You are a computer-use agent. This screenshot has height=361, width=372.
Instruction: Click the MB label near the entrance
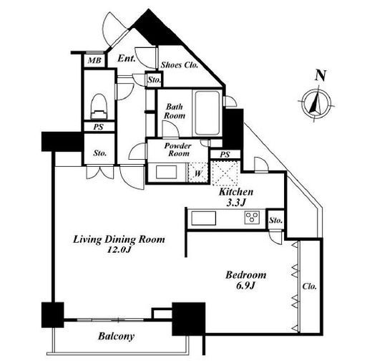[94, 60]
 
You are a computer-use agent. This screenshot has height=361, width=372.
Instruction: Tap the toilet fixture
[99, 107]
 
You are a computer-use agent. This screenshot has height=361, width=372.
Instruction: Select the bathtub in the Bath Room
[207, 113]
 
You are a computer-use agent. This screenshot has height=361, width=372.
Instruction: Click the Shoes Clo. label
[180, 65]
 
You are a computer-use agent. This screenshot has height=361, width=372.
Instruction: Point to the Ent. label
[127, 58]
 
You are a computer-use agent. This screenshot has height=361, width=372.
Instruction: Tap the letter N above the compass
[320, 75]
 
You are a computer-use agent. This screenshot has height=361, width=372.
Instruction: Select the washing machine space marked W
[197, 173]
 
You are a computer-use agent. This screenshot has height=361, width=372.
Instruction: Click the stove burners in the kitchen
[252, 218]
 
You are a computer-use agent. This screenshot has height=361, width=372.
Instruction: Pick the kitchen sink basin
[204, 218]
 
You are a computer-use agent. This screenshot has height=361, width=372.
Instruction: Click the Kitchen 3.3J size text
[236, 197]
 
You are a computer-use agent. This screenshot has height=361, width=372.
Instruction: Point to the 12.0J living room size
[119, 250]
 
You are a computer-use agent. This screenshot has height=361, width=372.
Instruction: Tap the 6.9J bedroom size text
[246, 285]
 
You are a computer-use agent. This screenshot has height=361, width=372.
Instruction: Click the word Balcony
[116, 337]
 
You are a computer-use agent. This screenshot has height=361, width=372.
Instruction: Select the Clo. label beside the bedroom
[309, 286]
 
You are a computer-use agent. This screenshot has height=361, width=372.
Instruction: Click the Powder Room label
[177, 150]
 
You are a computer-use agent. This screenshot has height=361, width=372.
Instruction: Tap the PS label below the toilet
[98, 127]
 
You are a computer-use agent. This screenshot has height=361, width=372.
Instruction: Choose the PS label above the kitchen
[225, 155]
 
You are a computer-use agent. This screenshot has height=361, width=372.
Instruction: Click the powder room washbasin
[166, 172]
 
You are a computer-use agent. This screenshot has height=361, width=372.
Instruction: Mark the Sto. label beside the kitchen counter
[276, 220]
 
